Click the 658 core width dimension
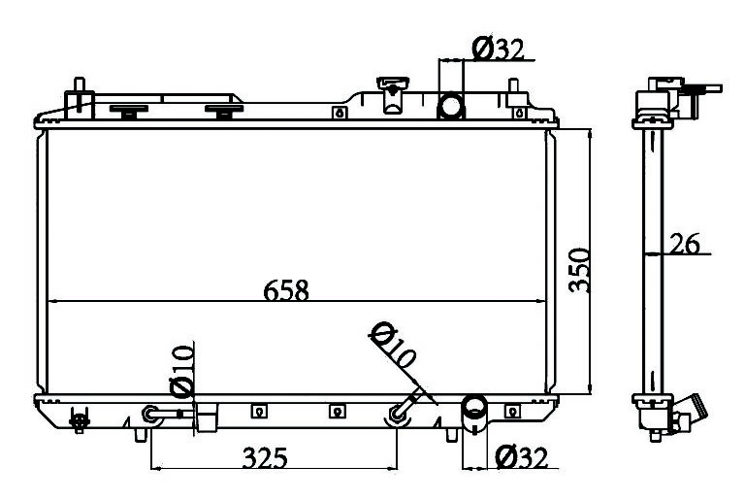click(x=286, y=290)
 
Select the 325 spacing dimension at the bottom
click(x=265, y=457)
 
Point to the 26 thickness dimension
click(x=685, y=244)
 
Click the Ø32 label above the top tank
click(x=498, y=50)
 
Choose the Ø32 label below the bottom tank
click(x=521, y=457)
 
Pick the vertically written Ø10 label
click(x=182, y=372)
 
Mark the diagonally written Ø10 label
click(x=394, y=346)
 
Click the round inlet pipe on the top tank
click(x=450, y=106)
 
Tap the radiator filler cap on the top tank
click(x=393, y=95)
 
